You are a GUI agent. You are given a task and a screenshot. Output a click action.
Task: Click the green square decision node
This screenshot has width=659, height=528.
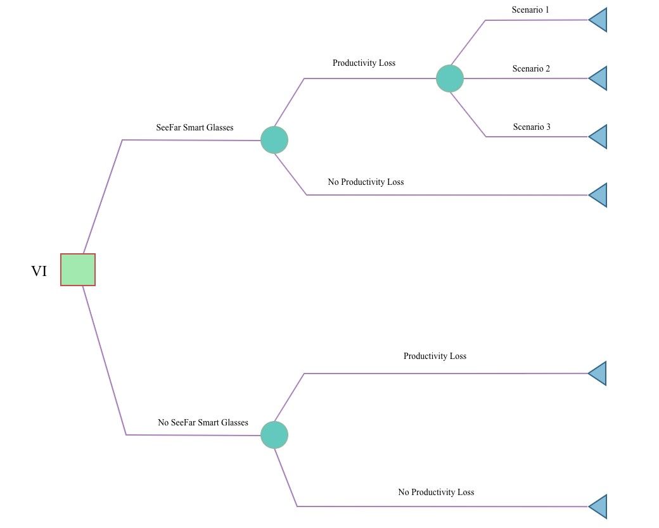click(78, 270)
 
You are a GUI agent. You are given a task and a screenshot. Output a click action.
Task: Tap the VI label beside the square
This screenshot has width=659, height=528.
click(39, 272)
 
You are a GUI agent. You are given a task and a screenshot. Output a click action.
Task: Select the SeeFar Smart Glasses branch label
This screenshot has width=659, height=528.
click(195, 128)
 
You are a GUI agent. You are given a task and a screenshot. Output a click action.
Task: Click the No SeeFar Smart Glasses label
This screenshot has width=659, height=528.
click(203, 423)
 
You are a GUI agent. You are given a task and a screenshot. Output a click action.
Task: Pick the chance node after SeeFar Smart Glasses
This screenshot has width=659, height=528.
click(274, 140)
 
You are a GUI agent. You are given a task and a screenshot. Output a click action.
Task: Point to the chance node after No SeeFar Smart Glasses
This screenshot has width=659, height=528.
click(274, 435)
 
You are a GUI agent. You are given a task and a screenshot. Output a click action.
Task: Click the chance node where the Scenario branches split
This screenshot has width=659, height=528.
click(450, 79)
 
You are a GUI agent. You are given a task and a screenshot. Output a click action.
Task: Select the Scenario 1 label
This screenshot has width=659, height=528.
click(530, 10)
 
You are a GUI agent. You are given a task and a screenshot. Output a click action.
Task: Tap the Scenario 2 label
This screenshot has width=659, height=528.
click(531, 68)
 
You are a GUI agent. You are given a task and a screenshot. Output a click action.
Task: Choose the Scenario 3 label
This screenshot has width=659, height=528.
click(532, 127)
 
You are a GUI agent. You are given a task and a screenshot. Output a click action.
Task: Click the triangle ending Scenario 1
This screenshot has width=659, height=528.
click(599, 20)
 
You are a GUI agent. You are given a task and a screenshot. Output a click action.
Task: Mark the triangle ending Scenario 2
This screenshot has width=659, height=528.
click(599, 78)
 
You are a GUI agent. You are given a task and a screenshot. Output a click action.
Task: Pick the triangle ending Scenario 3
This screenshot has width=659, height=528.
click(599, 137)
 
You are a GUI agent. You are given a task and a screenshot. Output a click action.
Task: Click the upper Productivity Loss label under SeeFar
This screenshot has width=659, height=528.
click(364, 63)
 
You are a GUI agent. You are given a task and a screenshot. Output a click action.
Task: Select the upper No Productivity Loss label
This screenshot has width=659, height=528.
click(366, 182)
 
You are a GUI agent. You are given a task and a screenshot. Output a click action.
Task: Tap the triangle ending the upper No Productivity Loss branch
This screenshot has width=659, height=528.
click(599, 195)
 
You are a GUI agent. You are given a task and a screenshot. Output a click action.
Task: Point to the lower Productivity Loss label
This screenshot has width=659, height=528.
click(435, 356)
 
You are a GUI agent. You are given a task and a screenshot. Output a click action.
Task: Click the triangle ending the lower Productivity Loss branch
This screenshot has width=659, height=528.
click(599, 374)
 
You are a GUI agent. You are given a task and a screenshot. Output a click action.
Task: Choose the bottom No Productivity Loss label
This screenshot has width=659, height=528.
click(436, 493)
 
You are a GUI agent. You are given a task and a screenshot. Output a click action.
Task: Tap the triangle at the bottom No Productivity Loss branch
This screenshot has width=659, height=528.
click(599, 506)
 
